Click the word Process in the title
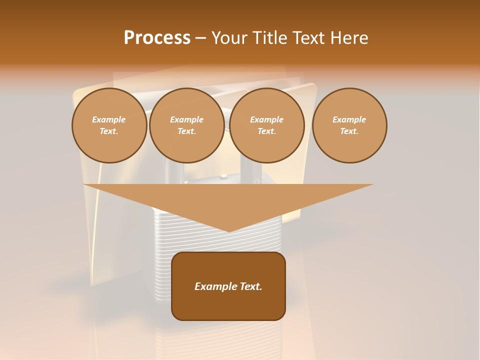coord(157,38)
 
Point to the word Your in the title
coord(228,38)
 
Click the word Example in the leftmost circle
coord(109,119)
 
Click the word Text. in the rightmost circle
coord(349,131)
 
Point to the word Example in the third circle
coord(266,119)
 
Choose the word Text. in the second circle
coord(186,131)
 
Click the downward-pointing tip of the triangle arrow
coord(229,230)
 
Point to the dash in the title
coord(200,38)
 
